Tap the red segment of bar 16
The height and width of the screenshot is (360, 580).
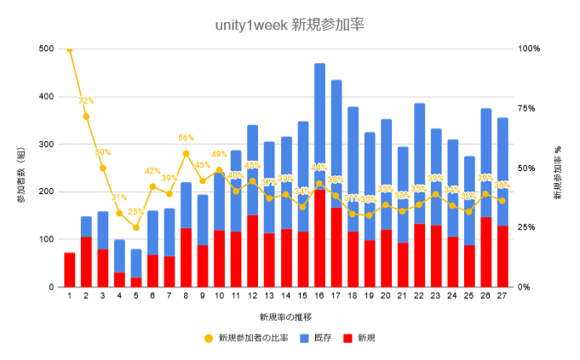[x=320, y=238]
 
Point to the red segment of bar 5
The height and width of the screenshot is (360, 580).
[x=136, y=282]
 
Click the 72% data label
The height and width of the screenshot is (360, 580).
[x=86, y=101]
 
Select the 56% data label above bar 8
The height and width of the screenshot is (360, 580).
[x=186, y=138]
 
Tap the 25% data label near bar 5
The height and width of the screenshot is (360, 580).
[x=136, y=213]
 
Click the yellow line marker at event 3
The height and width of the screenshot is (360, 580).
[x=103, y=168]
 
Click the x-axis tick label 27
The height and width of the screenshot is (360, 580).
[x=502, y=297]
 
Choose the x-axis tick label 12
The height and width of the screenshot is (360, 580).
[x=253, y=297]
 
